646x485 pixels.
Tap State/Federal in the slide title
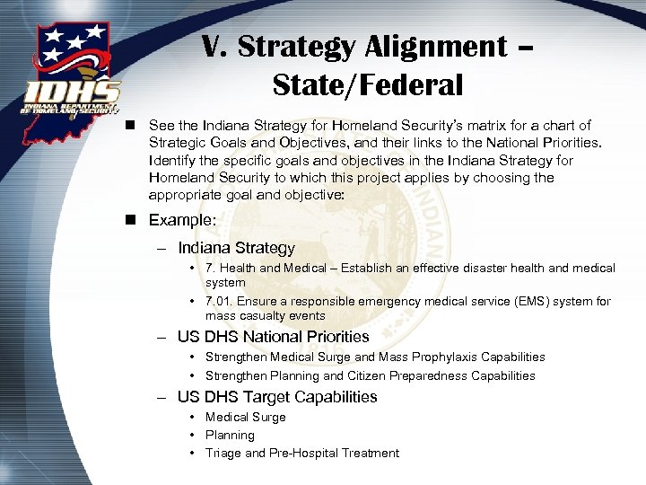click(368, 85)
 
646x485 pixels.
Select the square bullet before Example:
click(133, 220)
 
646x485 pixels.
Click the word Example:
click(181, 220)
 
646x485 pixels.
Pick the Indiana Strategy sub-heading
click(236, 248)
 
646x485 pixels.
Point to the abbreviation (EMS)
click(542, 302)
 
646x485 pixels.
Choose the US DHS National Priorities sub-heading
click(273, 337)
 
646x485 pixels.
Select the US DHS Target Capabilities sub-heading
click(277, 397)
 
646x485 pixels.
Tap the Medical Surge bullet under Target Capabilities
click(245, 418)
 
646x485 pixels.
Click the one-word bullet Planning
click(230, 436)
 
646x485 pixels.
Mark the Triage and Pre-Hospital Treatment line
click(301, 454)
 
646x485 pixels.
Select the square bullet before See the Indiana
click(133, 126)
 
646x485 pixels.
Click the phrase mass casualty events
click(266, 316)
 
